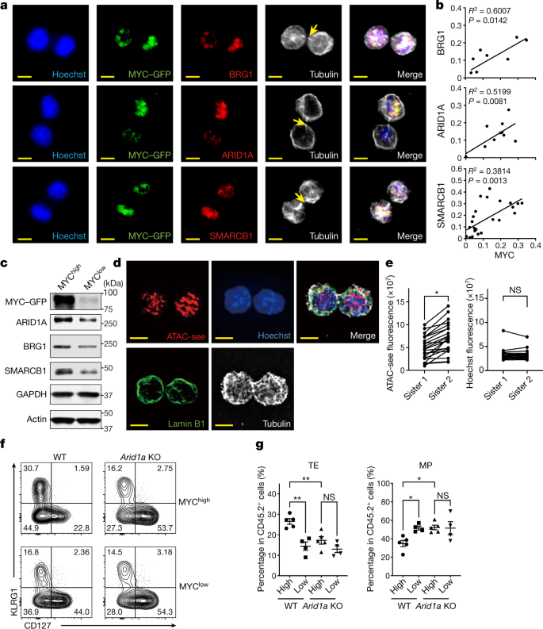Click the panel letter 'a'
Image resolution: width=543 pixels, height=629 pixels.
(x=6, y=6)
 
